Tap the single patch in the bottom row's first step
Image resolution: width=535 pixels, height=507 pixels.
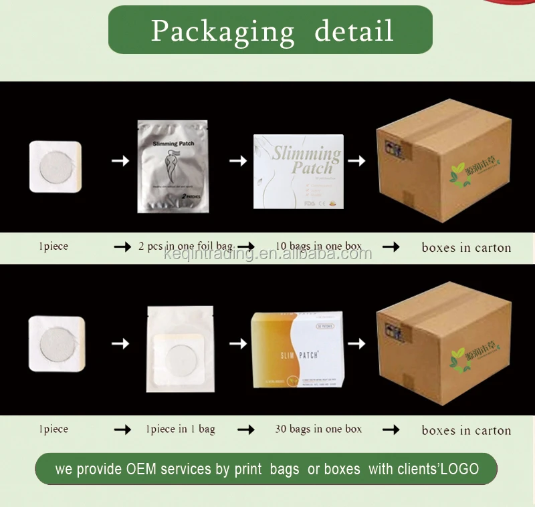57,343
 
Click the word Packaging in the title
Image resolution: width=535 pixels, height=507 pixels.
222,31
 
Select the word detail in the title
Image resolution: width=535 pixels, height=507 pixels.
353,31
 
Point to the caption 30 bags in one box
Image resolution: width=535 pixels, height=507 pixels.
318,429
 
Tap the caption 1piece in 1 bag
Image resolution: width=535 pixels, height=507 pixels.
181,429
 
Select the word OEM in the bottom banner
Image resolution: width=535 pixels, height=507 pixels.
141,469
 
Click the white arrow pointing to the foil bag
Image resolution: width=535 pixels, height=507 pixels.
120,161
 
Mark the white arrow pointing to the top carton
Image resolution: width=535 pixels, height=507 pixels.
357,161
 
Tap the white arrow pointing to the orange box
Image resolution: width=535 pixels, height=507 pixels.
238,343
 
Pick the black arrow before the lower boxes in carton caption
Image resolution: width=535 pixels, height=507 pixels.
391,430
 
